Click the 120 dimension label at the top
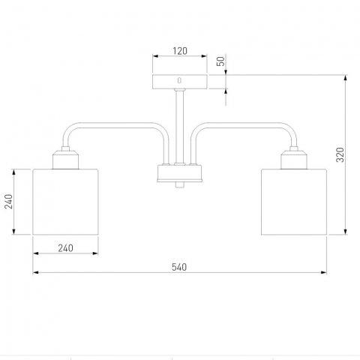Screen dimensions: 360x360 [x=180, y=51]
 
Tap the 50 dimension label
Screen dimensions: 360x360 [x=220, y=61]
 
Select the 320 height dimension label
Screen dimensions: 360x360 [x=340, y=154]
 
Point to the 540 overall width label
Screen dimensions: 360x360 [x=179, y=267]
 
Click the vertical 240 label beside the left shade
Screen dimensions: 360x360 [x=9, y=202]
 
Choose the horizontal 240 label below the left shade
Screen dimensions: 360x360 [x=66, y=248]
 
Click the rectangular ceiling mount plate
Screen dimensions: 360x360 [x=180, y=82]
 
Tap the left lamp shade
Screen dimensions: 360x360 [x=65, y=202]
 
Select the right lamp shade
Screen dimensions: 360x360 [x=294, y=202]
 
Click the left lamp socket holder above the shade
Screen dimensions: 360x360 [x=66, y=160]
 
